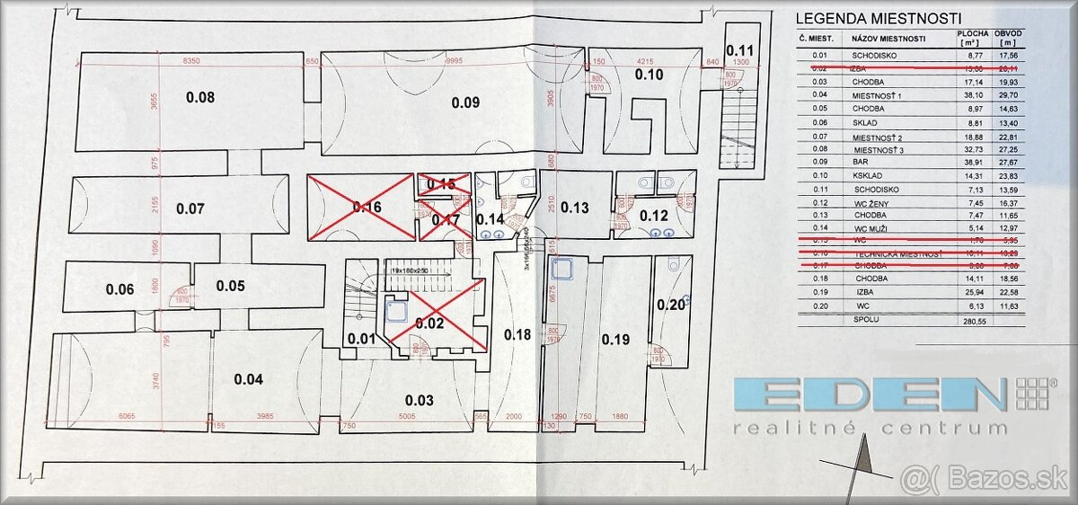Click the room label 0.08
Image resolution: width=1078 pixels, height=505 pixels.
(199, 97)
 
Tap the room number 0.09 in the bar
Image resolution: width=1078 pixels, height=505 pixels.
(465, 102)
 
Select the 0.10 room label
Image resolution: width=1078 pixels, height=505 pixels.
(649, 75)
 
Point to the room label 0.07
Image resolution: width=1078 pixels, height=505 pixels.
(190, 208)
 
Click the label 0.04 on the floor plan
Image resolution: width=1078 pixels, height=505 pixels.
(248, 379)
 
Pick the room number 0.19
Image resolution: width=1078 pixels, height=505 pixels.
(616, 340)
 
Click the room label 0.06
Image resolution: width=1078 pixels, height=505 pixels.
(119, 289)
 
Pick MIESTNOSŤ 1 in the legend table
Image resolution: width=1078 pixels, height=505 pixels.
(876, 94)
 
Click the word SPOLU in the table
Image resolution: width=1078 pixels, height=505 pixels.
(866, 319)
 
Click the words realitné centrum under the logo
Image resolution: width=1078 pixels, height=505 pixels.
(870, 428)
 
